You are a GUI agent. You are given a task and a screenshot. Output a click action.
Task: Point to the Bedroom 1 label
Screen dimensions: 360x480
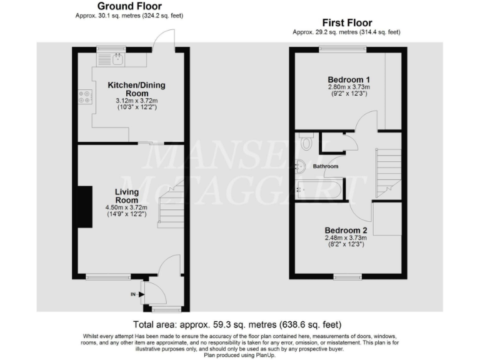pos(349,79)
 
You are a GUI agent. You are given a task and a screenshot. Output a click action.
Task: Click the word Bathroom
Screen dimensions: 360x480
pos(326,166)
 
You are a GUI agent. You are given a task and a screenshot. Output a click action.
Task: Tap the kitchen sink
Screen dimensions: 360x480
pos(116,59)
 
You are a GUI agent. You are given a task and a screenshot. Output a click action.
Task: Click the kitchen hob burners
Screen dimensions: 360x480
pos(84,97)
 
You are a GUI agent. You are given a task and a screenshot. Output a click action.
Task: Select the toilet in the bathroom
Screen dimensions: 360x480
pos(305,142)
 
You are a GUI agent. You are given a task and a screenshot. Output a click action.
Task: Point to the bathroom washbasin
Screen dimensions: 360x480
pos(301,166)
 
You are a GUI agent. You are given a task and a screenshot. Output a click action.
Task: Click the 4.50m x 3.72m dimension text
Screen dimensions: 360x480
pos(131,208)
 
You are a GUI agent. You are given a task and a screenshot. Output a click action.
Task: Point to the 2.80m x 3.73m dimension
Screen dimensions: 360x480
pos(349,87)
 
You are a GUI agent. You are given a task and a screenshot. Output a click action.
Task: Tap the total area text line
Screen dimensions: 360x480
pos(237,325)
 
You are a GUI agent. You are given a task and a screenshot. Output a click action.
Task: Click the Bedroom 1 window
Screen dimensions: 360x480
pos(343,49)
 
